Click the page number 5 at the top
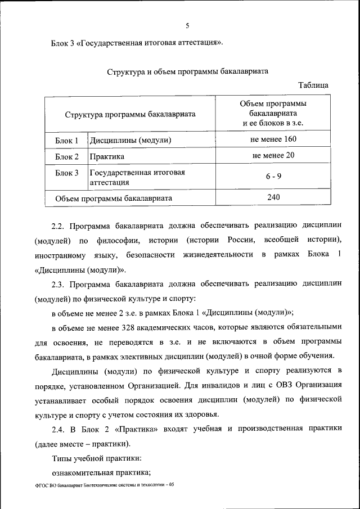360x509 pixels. coord(187,25)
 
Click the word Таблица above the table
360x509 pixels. coord(313,85)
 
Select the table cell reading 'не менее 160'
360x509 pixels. coord(274,139)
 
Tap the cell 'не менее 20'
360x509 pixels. coord(274,156)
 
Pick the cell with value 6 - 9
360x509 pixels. coord(274,176)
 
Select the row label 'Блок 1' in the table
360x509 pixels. coord(67,140)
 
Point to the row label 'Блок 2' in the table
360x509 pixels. coord(67,157)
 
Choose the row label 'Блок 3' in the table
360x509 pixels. coord(67,173)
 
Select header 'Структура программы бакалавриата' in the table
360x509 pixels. coord(130,114)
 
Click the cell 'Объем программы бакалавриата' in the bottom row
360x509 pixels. coord(114,198)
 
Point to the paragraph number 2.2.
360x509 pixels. coord(59,226)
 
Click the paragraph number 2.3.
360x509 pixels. coord(59,284)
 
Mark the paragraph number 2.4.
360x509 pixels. coord(59,428)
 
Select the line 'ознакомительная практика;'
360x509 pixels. coord(101,472)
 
